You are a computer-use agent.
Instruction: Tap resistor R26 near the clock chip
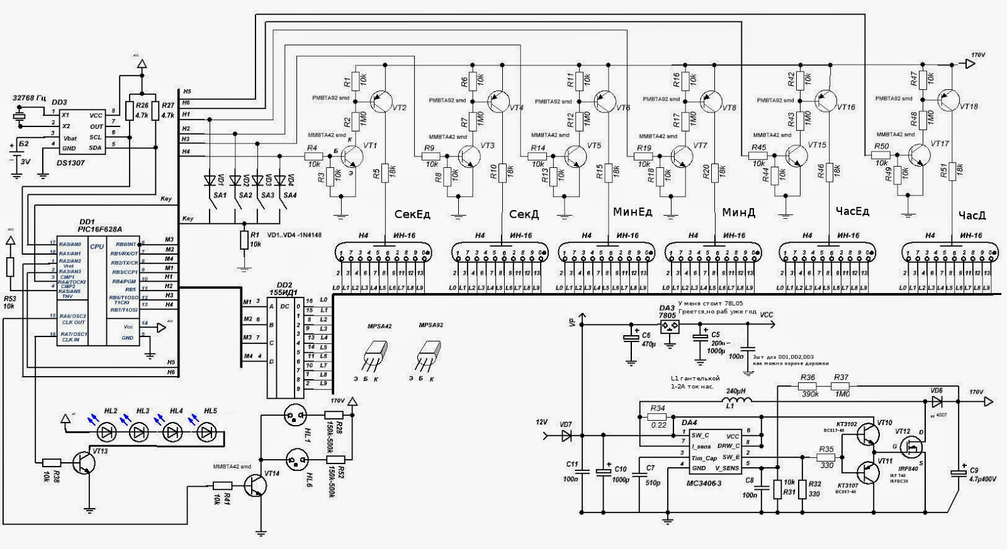tap(130, 111)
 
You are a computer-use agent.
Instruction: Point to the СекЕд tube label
tap(412, 214)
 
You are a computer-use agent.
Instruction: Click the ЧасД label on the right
tap(972, 216)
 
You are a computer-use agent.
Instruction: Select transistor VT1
tap(354, 156)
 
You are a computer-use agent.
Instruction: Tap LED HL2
tap(110, 433)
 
